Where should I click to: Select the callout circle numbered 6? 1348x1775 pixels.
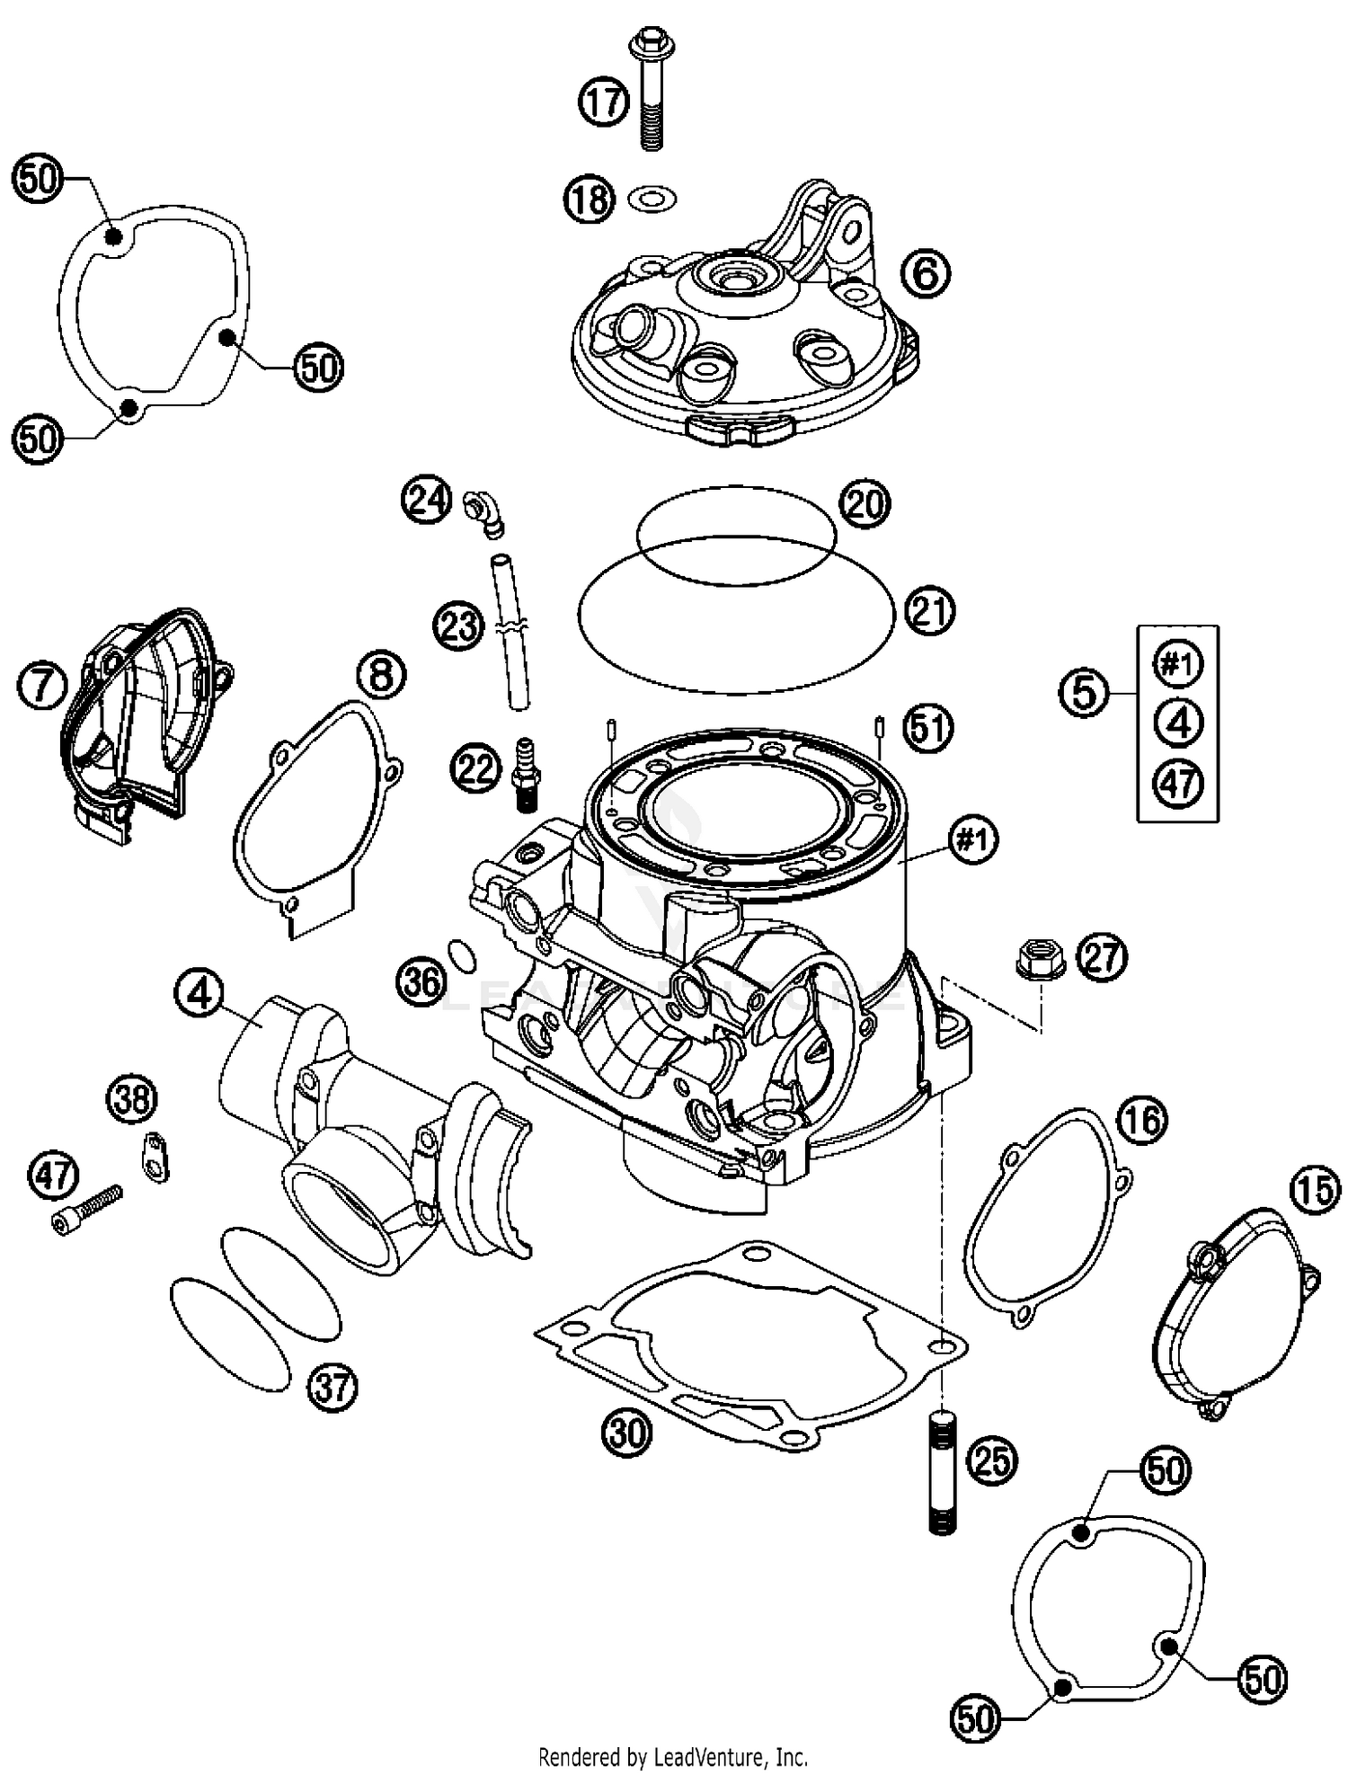tap(926, 271)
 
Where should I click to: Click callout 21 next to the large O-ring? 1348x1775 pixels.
tap(929, 611)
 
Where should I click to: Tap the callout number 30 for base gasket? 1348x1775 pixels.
tap(626, 1432)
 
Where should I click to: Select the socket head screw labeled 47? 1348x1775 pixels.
tap(87, 1207)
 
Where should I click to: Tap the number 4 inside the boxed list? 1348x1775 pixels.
tap(1178, 723)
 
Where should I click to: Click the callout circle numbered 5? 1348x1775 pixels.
tap(1084, 693)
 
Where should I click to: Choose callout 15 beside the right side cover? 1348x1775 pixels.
tap(1313, 1191)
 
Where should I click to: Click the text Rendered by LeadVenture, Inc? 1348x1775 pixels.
tap(672, 1756)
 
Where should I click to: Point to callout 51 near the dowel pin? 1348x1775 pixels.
tap(929, 727)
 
